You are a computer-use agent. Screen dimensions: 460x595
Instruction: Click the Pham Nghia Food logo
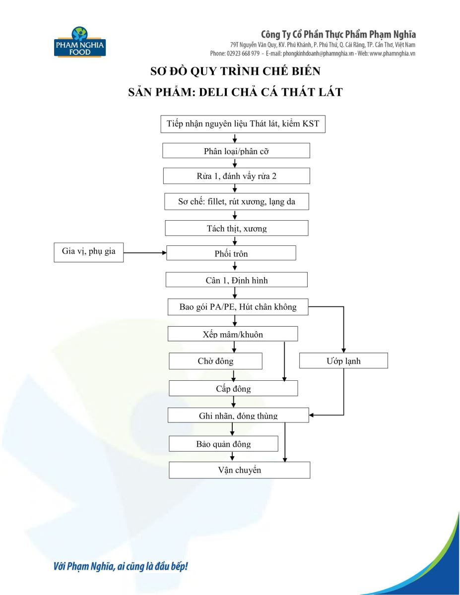[80, 42]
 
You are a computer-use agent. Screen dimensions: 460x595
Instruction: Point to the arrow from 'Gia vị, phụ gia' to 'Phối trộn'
[145, 253]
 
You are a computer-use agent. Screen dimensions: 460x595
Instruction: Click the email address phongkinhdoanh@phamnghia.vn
[318, 54]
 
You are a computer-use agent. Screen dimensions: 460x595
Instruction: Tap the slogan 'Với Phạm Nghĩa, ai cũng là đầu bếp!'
[121, 566]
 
